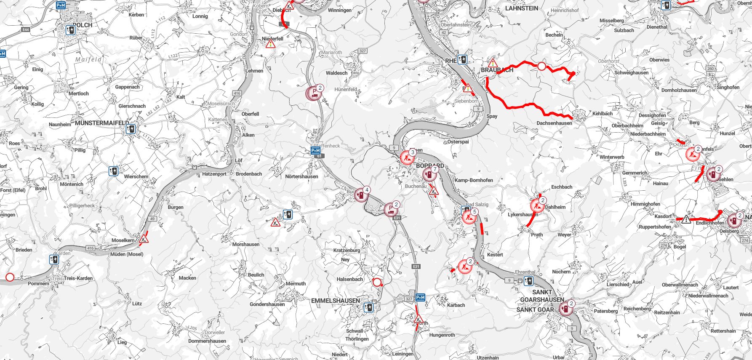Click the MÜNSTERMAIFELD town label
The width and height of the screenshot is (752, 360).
[x=101, y=123]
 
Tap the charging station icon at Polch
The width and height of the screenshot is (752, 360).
[x=70, y=30]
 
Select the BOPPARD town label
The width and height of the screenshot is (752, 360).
[x=429, y=166]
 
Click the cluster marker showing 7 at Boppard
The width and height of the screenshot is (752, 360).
[x=429, y=174]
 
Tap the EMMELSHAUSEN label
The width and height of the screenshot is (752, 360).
[x=335, y=301]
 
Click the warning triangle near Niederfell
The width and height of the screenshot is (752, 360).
[x=270, y=43]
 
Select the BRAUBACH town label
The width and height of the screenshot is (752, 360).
[x=497, y=70]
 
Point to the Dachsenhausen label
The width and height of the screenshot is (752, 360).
[x=554, y=123]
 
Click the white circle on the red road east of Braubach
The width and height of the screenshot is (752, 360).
[x=541, y=66]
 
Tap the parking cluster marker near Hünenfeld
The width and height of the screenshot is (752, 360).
[x=314, y=93]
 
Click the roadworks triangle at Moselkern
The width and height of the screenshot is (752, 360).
[x=144, y=240]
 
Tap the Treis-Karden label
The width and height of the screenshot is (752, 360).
[x=79, y=278]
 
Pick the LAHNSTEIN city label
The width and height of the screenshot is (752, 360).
[x=521, y=8]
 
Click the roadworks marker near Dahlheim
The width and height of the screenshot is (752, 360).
[x=537, y=205]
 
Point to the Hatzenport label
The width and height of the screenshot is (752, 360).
[x=214, y=173]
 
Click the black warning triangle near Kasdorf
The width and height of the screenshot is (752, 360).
[x=686, y=219]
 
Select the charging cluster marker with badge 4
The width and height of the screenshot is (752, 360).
[x=361, y=195]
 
